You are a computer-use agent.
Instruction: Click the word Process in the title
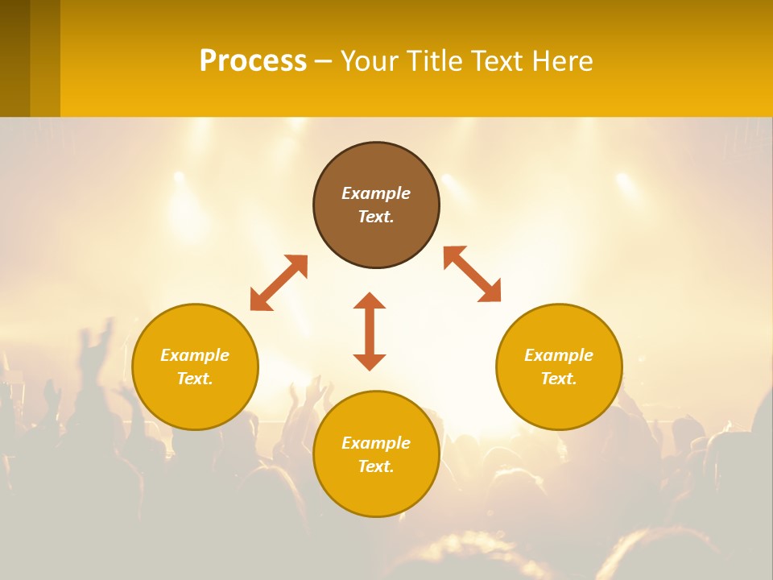tap(253, 61)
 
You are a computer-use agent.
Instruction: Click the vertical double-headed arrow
tap(370, 331)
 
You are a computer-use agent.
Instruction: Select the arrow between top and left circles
tap(279, 283)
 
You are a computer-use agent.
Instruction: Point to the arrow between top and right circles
tap(472, 274)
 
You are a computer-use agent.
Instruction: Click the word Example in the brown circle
tap(376, 193)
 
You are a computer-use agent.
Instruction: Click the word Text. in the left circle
tap(195, 379)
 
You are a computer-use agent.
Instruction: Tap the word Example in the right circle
tap(559, 355)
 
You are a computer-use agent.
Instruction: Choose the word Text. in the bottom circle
tap(376, 466)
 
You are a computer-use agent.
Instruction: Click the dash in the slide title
tap(323, 62)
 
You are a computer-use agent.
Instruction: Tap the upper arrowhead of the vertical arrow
tap(370, 301)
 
